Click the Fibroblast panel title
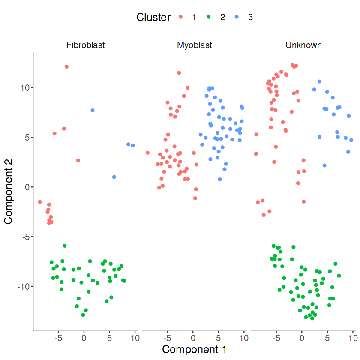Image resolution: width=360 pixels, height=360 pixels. click(86, 45)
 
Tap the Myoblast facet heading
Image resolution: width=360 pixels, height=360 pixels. click(195, 45)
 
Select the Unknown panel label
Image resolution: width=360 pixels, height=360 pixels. click(303, 45)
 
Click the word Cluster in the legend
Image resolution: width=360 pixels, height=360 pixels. click(153, 17)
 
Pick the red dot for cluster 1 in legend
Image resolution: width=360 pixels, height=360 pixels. click(180, 17)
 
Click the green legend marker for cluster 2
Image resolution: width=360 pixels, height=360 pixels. click(209, 17)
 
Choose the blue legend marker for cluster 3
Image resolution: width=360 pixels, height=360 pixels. click(237, 17)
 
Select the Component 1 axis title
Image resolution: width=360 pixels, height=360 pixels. click(195, 349)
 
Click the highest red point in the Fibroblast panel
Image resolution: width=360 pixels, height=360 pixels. click(66, 67)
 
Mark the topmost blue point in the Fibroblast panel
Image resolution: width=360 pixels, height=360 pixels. click(93, 111)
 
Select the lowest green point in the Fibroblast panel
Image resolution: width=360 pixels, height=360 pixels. click(83, 315)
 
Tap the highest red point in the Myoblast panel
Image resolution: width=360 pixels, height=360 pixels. click(179, 73)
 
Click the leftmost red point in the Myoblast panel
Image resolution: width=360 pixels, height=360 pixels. click(147, 153)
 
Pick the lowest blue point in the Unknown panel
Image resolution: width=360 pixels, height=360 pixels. click(324, 165)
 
